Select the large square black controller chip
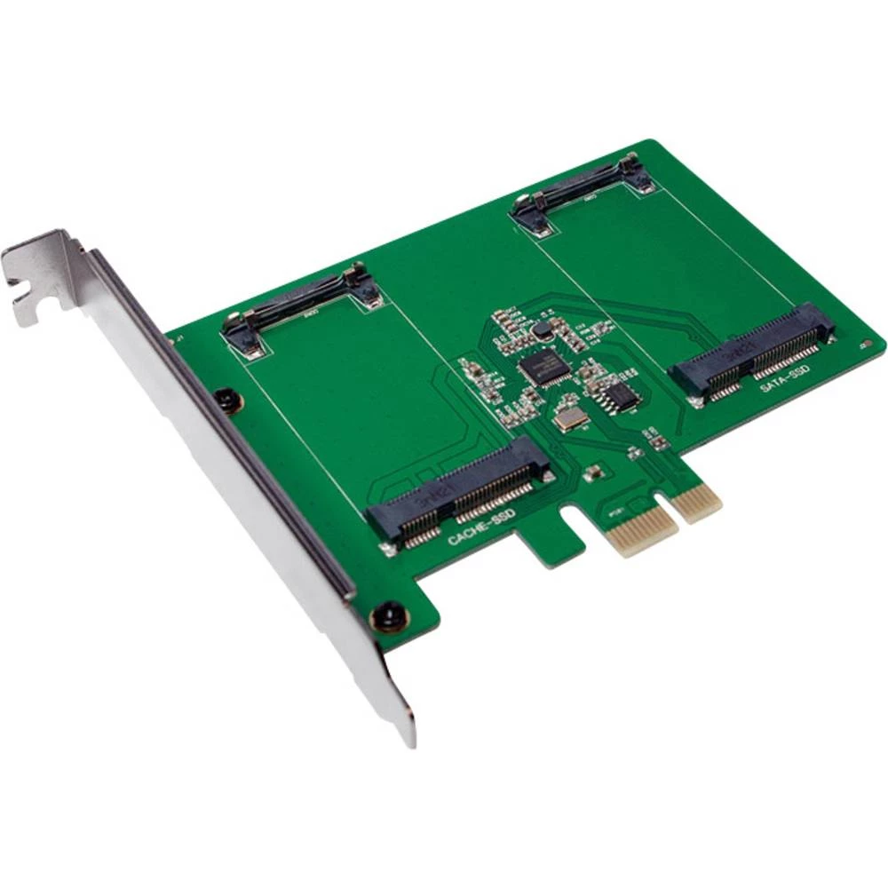coord(543,366)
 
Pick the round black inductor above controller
coord(542,329)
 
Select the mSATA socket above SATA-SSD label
coord(755,350)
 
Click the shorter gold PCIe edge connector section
coord(696,503)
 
